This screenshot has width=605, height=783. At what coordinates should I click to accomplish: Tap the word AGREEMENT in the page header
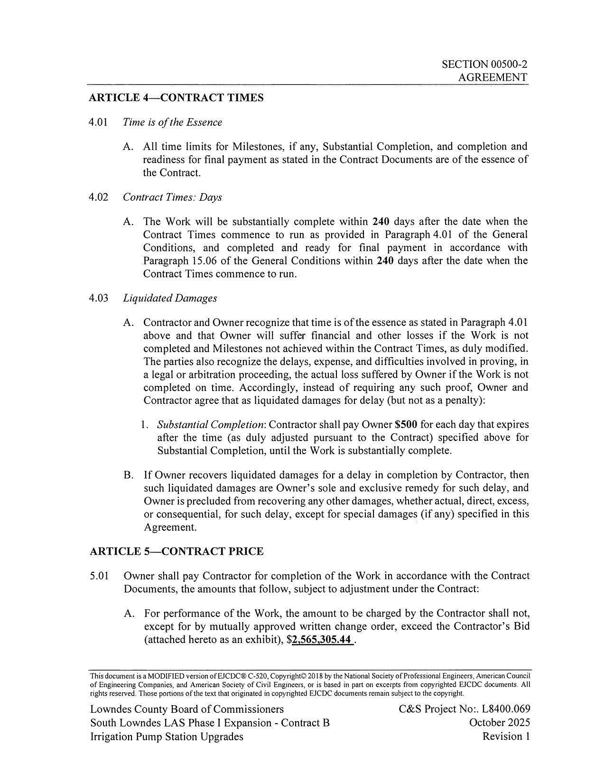(493, 77)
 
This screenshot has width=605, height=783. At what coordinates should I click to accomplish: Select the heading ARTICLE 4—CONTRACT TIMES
(177, 98)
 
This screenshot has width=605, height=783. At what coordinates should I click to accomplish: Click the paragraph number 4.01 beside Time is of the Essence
(98, 122)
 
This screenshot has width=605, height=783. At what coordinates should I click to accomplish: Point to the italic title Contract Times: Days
(172, 197)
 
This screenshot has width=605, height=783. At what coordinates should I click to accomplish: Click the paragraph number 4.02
(98, 197)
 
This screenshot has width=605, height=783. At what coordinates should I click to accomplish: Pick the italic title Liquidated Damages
(170, 298)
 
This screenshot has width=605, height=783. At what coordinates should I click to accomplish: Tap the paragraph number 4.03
(98, 298)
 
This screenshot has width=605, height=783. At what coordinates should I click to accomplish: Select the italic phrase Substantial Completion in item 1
(211, 424)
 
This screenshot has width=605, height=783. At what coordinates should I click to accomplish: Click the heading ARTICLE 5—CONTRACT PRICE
(177, 551)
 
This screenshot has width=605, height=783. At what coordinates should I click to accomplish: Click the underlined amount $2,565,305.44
(323, 640)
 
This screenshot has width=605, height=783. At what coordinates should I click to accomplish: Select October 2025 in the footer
(500, 723)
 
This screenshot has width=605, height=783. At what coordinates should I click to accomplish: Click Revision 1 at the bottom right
(506, 736)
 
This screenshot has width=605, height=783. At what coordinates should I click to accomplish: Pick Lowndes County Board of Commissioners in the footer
(187, 709)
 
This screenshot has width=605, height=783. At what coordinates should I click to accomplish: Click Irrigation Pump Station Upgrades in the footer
(167, 736)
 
